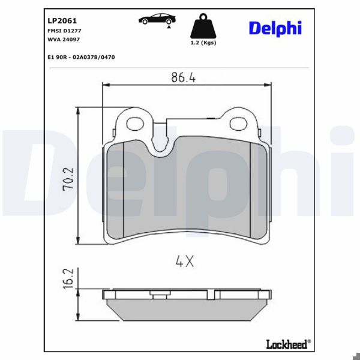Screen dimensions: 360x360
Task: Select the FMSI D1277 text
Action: pos(64,29)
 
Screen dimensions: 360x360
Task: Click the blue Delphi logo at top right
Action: pos(275,28)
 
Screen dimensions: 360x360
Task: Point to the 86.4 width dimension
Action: pos(183,77)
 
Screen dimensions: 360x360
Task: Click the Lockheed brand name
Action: pos(287,344)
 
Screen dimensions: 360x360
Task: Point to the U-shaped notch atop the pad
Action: pos(159,144)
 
